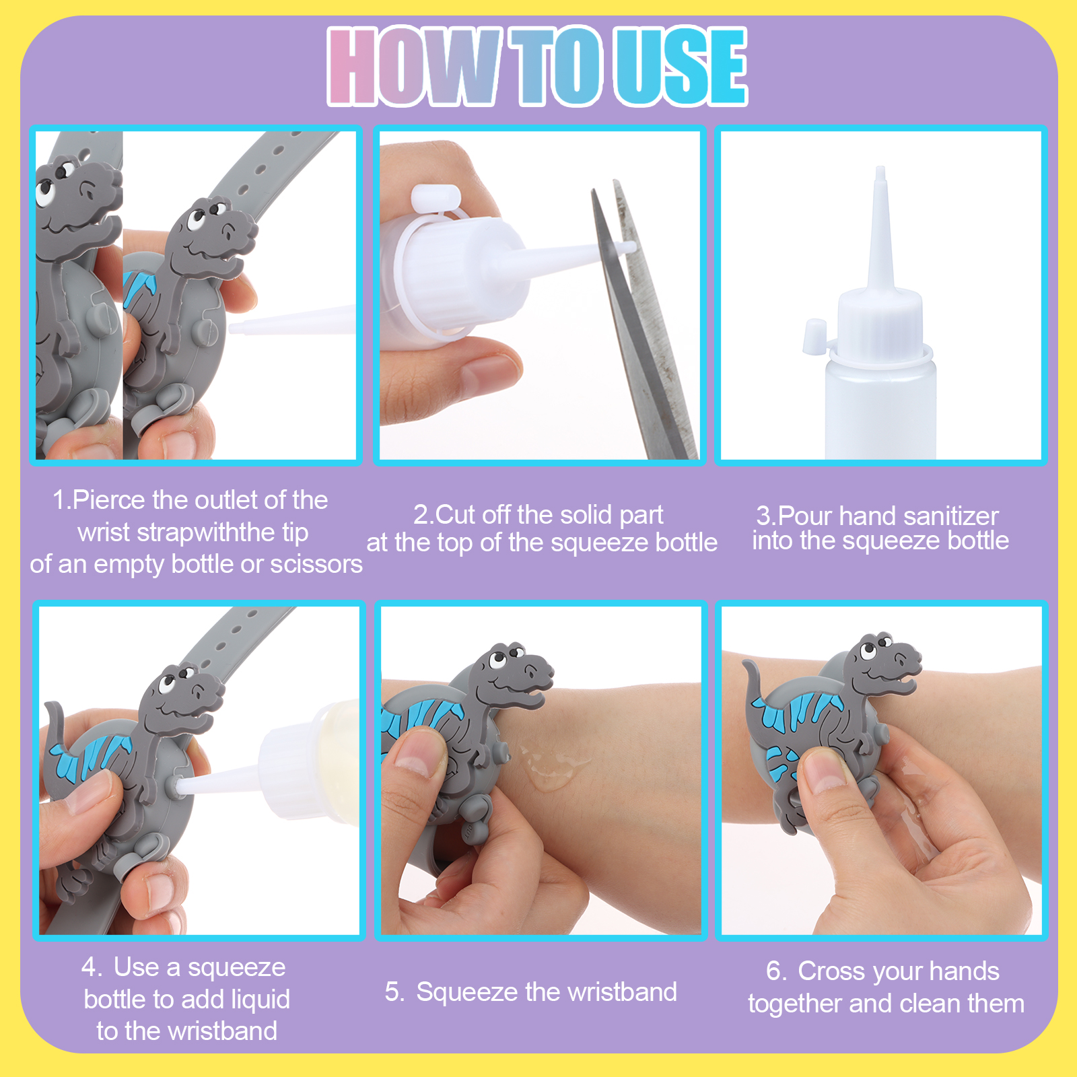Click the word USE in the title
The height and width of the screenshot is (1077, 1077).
pyautogui.click(x=681, y=67)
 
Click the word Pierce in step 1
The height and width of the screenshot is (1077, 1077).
pyautogui.click(x=109, y=500)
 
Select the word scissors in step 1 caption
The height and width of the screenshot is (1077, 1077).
pyautogui.click(x=316, y=564)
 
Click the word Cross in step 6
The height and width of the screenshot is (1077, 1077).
pyautogui.click(x=832, y=971)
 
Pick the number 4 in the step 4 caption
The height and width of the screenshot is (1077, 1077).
pyautogui.click(x=89, y=967)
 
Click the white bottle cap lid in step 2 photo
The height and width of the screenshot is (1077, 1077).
pyautogui.click(x=435, y=199)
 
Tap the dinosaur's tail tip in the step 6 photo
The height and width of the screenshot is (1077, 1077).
pyautogui.click(x=746, y=665)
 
